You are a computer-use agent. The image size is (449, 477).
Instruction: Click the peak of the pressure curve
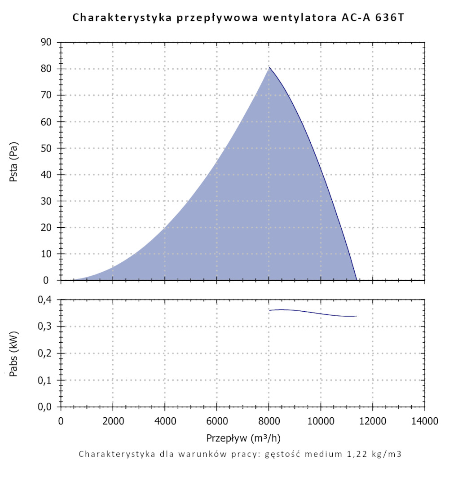[x=269, y=67]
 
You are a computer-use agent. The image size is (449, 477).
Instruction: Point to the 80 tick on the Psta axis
[x=47, y=69]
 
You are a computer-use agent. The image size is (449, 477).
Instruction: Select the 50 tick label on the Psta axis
[x=47, y=148]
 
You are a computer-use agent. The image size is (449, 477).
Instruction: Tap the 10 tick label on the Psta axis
[x=47, y=254]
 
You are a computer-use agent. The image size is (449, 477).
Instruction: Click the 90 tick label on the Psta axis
[x=47, y=42]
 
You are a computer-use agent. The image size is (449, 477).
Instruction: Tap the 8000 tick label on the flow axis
[x=269, y=421]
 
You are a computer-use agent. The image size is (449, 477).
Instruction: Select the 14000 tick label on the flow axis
[x=424, y=421]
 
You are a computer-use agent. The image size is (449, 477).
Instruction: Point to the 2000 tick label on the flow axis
[x=113, y=421]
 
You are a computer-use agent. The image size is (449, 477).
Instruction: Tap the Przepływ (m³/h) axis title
[x=244, y=437]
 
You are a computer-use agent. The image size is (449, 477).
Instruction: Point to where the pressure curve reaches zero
[x=357, y=280]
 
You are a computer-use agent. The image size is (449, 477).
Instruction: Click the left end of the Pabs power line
[x=269, y=310]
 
